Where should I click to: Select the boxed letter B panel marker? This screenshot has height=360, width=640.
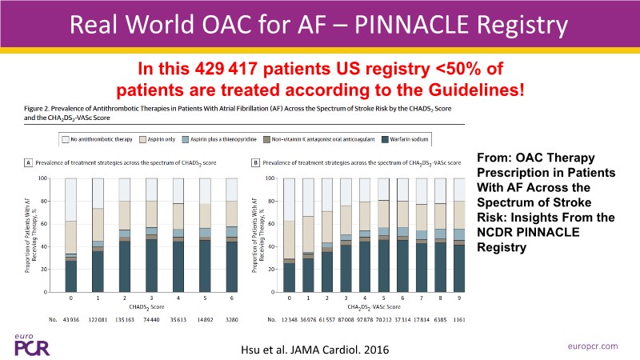tap(255, 164)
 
